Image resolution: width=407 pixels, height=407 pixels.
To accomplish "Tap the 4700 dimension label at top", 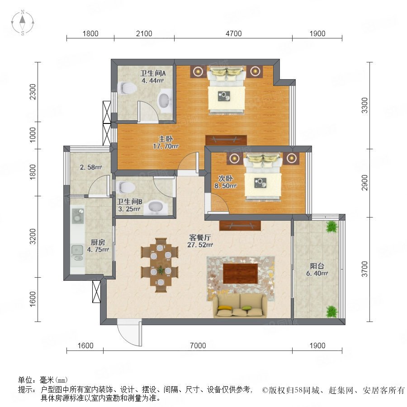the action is point(234,33).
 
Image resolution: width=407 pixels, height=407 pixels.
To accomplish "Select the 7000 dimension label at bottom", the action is point(198,345).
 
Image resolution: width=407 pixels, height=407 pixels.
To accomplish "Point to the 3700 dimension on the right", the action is point(364,269).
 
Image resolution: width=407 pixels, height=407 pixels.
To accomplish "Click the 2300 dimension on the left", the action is point(33,92).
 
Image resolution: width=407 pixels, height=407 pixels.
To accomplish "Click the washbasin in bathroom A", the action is point(165,100).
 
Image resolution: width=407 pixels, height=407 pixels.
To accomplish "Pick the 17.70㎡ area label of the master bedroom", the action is point(166,147).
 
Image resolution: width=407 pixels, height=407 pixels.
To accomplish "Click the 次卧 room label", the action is point(225,178).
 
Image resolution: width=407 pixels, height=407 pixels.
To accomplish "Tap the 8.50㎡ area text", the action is point(225,186).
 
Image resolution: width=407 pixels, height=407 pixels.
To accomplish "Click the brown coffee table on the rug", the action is point(241,274).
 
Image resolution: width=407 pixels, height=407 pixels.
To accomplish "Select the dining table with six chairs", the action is point(160,265).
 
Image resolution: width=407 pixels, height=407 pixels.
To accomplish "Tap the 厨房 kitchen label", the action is point(98,242).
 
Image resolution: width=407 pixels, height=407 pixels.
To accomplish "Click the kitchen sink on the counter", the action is point(77,252).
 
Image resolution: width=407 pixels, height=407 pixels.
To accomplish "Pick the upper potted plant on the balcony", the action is point(332,227).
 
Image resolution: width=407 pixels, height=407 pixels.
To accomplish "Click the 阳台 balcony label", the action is point(317,266).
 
